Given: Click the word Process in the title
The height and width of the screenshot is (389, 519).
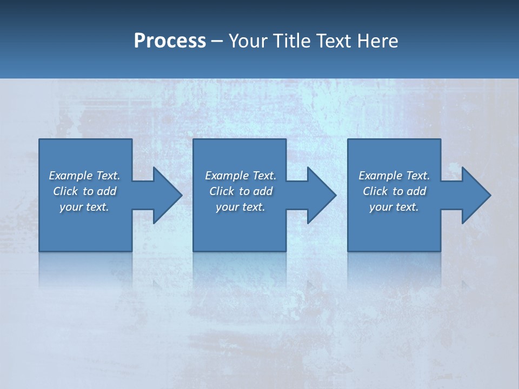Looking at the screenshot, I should [170, 41].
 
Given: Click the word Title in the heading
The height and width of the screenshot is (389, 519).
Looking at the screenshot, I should [292, 41].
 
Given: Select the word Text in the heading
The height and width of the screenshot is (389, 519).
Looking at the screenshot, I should [335, 41].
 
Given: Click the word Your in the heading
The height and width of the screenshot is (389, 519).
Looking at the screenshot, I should [248, 41].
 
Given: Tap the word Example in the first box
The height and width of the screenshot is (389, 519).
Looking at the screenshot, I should [71, 176].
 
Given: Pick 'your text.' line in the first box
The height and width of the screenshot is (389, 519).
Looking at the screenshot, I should [84, 207].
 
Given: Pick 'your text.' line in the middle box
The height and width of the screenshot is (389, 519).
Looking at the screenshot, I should [241, 207].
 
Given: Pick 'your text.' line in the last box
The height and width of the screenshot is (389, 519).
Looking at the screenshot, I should [394, 207].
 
